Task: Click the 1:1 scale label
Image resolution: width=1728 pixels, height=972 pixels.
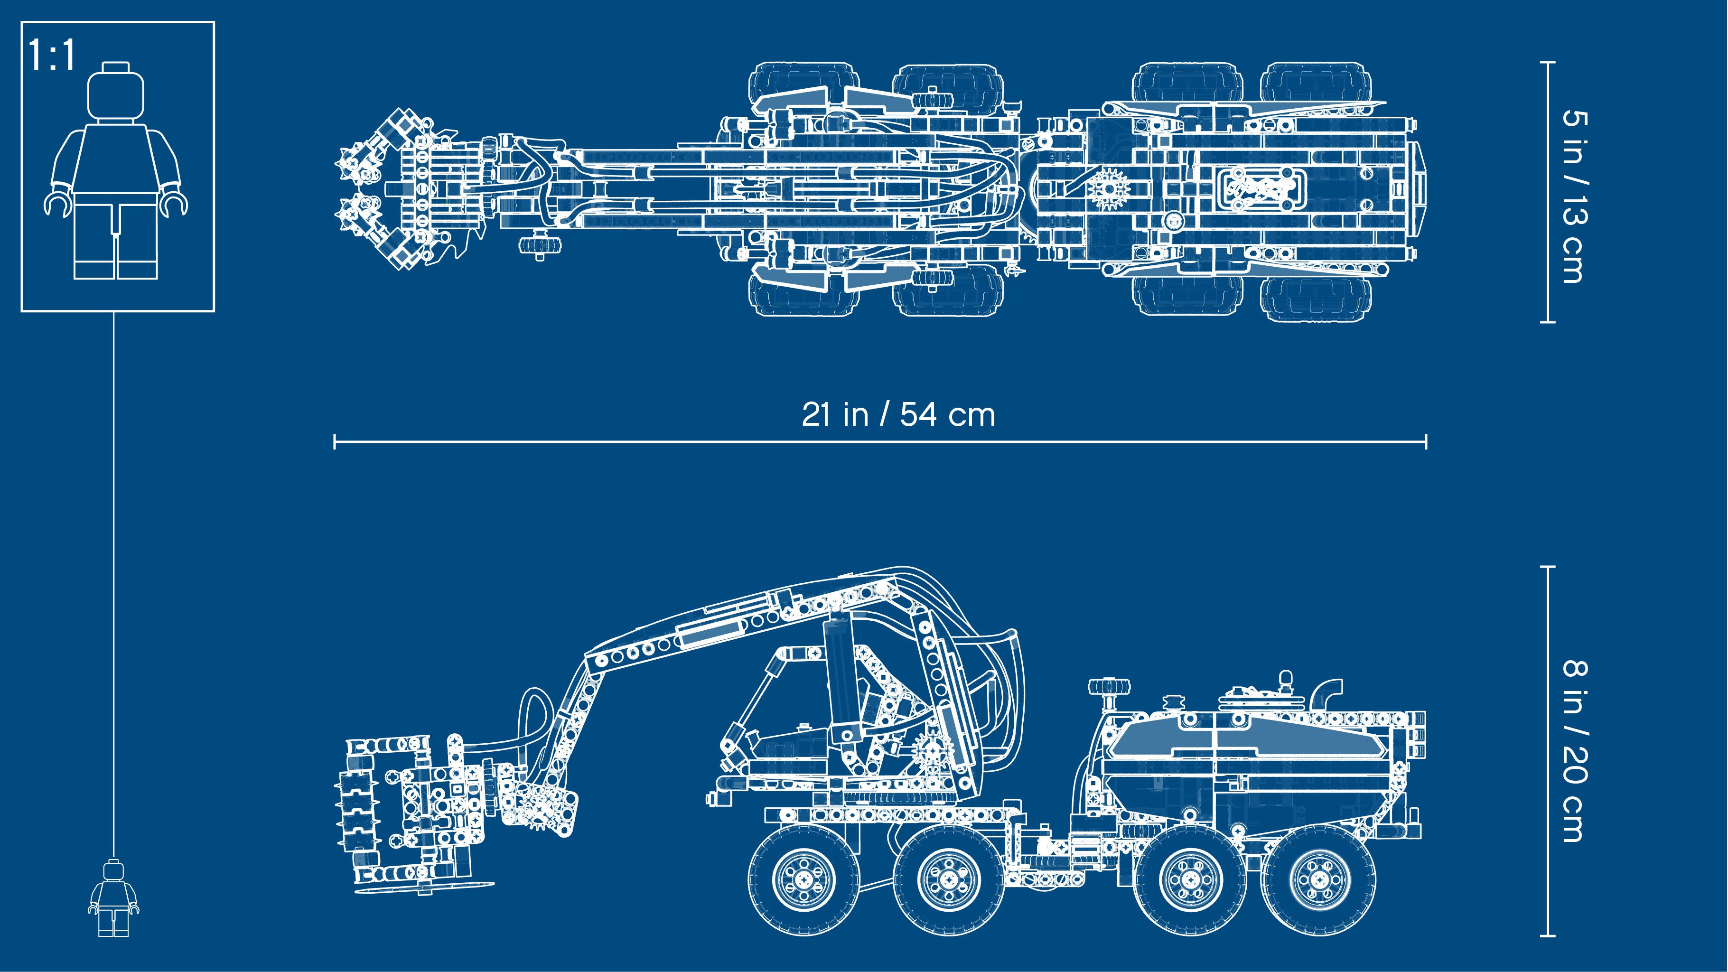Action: coord(52,55)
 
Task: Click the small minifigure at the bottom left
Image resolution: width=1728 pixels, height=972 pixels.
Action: coord(113,898)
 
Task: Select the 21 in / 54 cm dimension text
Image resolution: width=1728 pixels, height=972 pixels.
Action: coord(898,414)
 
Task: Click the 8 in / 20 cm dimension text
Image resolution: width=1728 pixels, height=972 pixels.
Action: coord(1576,751)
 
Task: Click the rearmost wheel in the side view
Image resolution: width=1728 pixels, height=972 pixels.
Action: coord(1319,879)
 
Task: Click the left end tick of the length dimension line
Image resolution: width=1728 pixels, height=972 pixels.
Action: coord(335,441)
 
